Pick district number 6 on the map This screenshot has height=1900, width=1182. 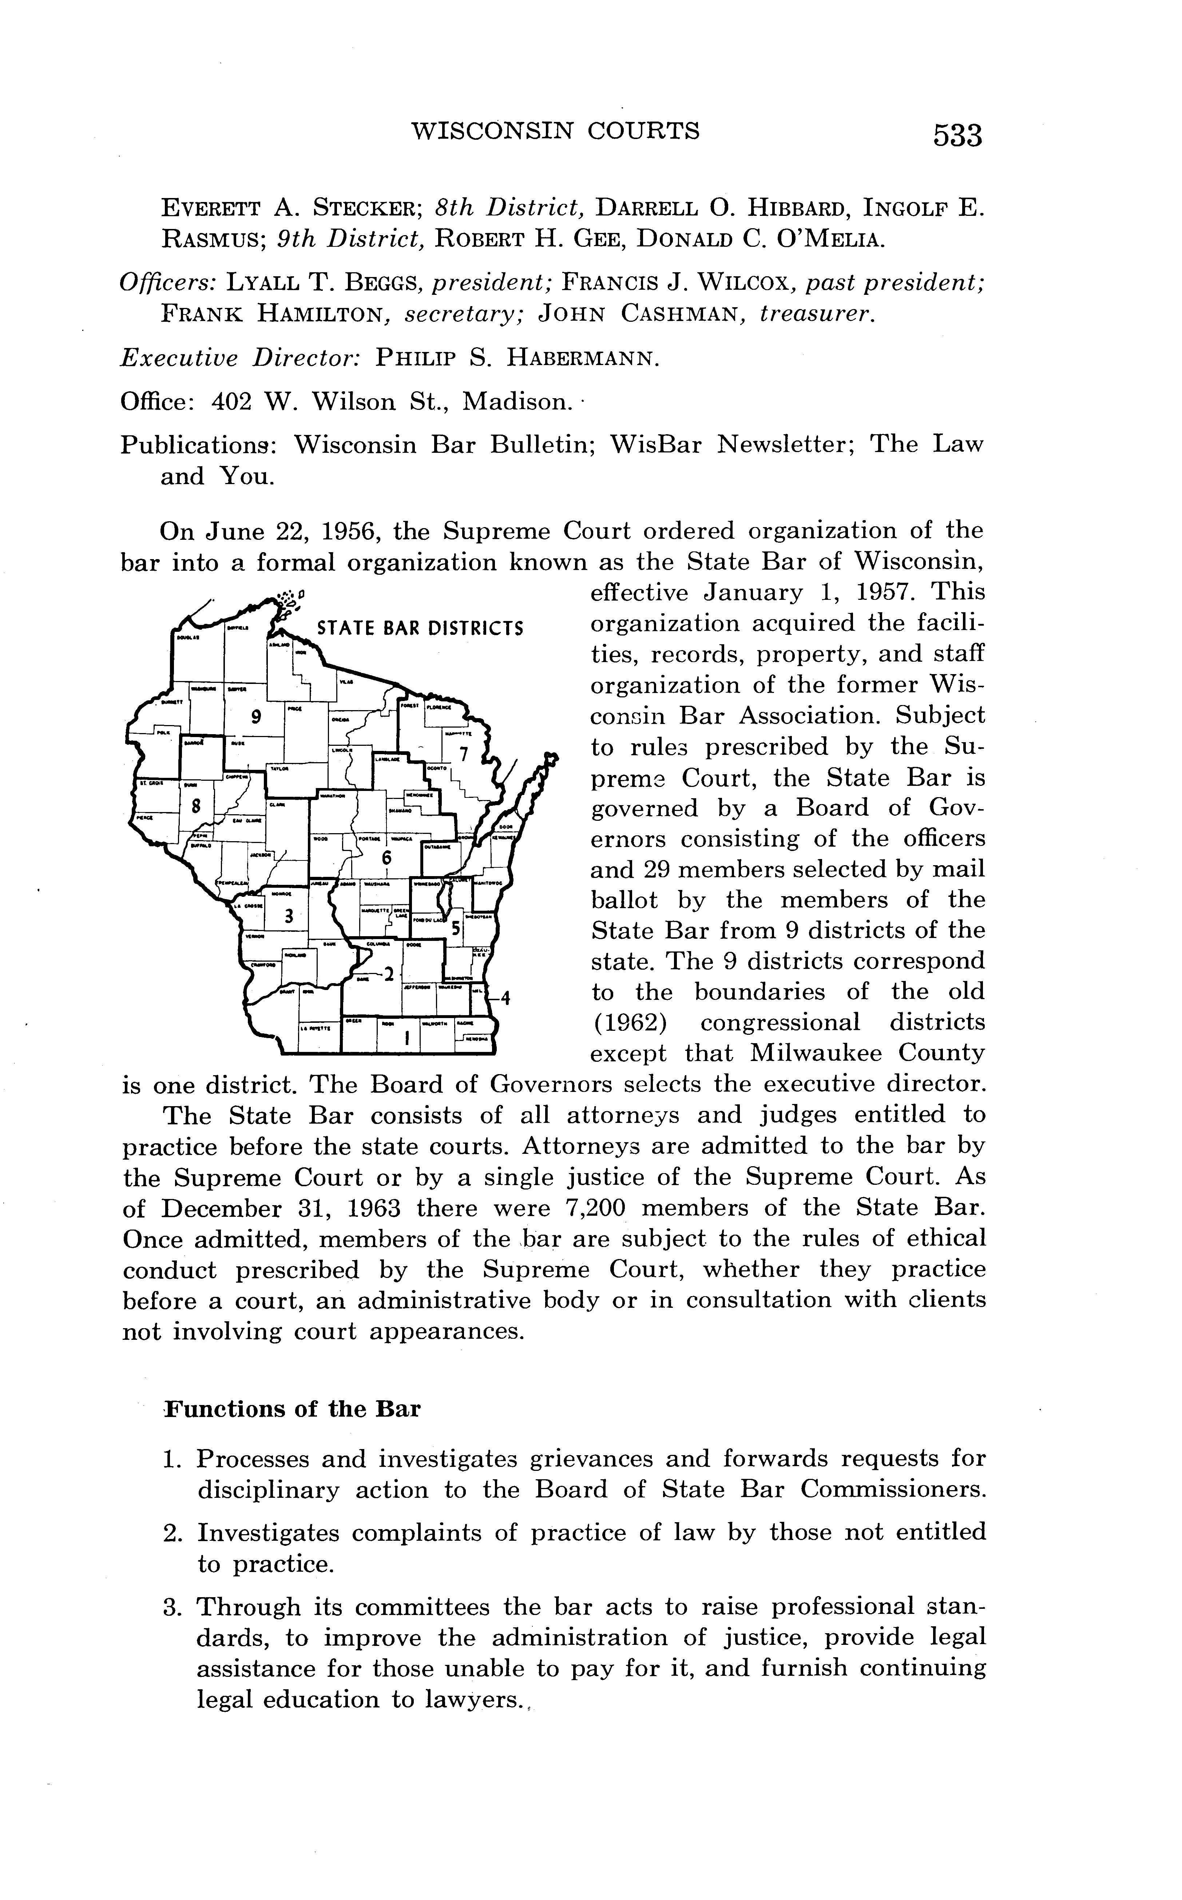(x=386, y=858)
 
